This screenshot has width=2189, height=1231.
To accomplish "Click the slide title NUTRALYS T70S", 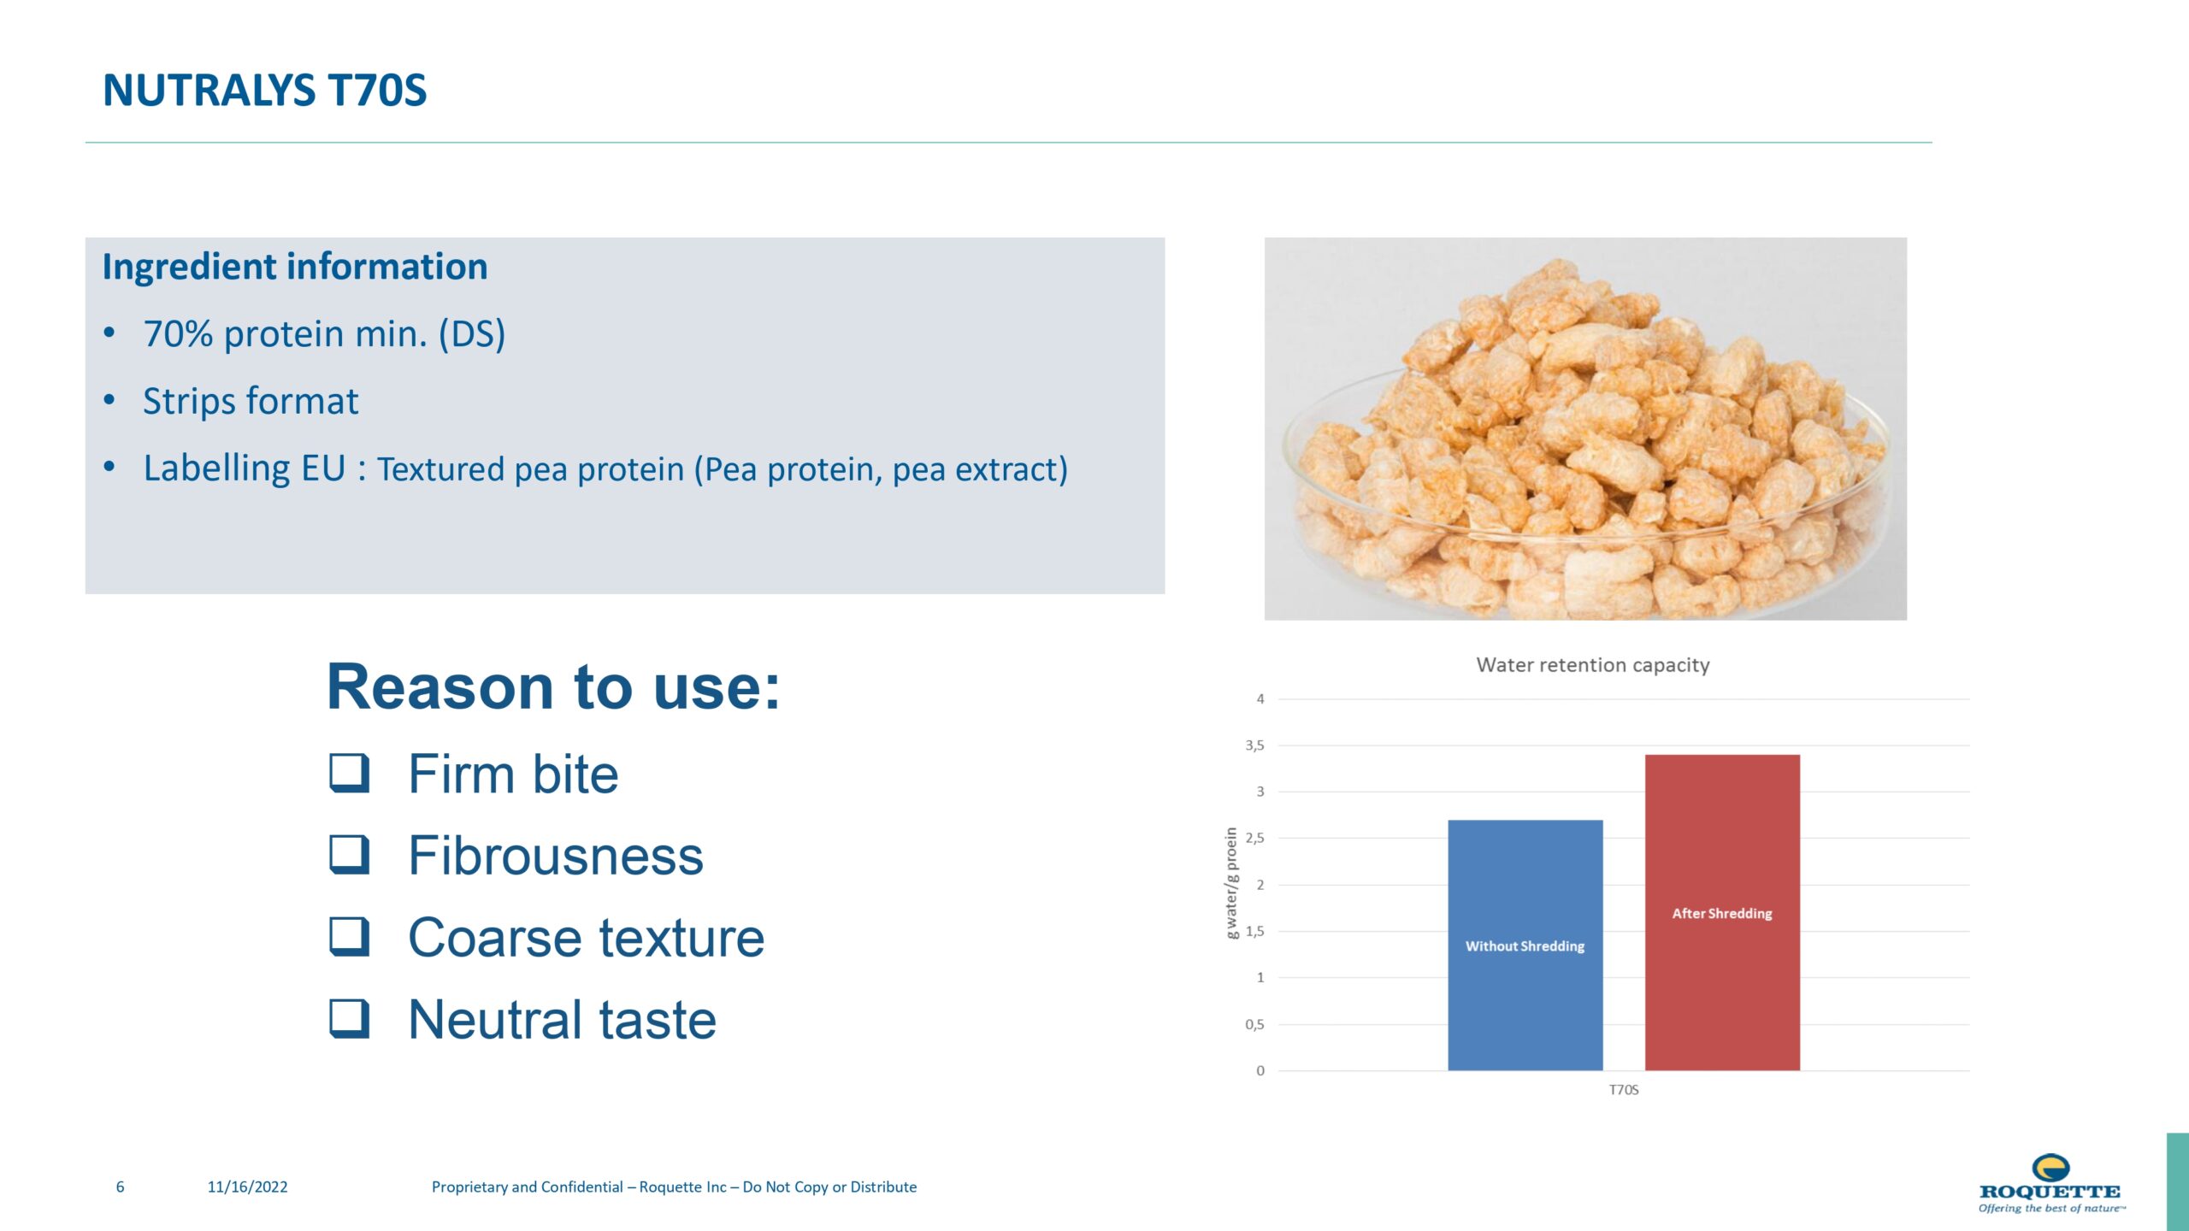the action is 264,91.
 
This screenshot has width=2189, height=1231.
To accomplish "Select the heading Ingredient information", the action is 295,267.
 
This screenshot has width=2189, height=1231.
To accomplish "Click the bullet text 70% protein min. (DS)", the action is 324,333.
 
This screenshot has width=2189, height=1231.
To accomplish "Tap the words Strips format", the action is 251,401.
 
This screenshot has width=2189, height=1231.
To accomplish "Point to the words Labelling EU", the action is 245,468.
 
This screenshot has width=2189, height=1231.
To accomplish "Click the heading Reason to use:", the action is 553,686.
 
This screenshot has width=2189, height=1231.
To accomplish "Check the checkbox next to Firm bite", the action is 350,773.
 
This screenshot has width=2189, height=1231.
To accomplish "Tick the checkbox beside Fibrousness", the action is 350,855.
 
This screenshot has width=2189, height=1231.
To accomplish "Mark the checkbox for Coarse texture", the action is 350,937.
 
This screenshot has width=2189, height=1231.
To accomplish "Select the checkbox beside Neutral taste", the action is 350,1019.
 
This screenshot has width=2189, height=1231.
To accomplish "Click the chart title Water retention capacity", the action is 1593,665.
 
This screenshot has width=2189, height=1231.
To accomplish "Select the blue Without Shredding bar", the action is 1525,945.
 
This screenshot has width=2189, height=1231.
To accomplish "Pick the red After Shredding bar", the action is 1722,912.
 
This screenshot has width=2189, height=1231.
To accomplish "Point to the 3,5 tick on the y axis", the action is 1254,745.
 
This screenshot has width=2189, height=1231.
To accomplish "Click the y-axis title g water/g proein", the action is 1232,883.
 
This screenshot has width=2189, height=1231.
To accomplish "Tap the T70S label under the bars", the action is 1624,1090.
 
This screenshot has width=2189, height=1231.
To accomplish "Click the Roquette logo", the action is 2051,1183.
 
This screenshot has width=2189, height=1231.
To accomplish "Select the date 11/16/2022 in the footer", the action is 248,1187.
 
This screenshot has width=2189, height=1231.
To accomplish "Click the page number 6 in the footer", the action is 121,1187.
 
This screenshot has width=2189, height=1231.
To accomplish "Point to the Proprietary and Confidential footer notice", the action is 674,1187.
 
